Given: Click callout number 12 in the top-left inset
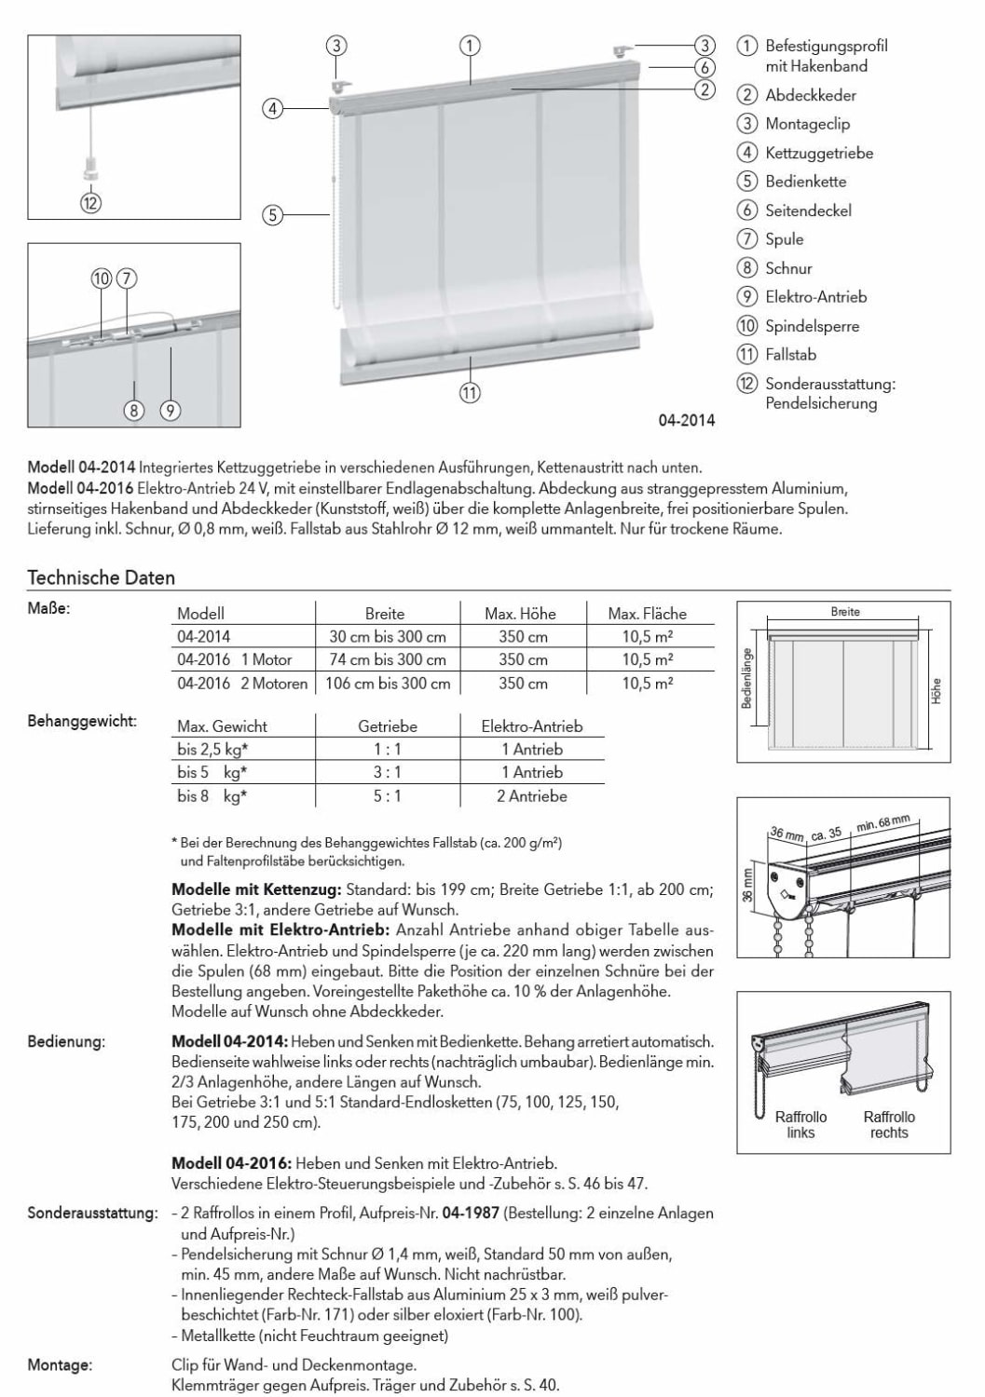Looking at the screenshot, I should pyautogui.click(x=90, y=202).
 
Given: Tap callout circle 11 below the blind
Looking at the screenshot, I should pyautogui.click(x=470, y=393).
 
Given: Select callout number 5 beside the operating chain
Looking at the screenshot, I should pyautogui.click(x=272, y=216).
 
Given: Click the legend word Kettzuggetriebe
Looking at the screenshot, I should pyautogui.click(x=818, y=153).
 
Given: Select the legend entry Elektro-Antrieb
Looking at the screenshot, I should pyautogui.click(x=815, y=297).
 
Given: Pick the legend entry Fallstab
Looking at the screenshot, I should pyautogui.click(x=790, y=355).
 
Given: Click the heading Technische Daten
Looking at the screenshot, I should pyautogui.click(x=102, y=577).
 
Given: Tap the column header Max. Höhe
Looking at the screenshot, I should pyautogui.click(x=520, y=614).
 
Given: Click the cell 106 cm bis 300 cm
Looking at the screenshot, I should pyautogui.click(x=388, y=683).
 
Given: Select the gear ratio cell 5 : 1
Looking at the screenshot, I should pyautogui.click(x=388, y=796).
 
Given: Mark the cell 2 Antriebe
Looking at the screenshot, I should pyautogui.click(x=531, y=796).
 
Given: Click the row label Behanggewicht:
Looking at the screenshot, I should pyautogui.click(x=82, y=721).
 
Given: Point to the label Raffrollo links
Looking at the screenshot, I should pyautogui.click(x=800, y=1124).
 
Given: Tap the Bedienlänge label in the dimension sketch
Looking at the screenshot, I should pyautogui.click(x=747, y=678).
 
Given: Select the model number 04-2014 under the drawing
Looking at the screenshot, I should pyautogui.click(x=686, y=420).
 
